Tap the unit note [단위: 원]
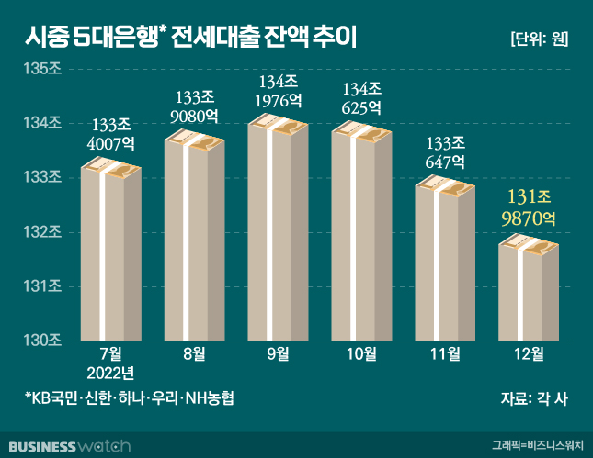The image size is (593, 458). coord(539,39)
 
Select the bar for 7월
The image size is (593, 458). coord(110,252)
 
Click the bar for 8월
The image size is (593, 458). coord(194,239)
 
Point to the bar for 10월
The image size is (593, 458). coord(360,234)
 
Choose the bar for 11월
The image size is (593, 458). coord(445,262)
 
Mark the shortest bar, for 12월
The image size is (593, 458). coord(529,289)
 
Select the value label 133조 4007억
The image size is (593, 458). coord(110,135)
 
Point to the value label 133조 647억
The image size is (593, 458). coord(446,152)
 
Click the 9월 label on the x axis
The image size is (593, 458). coord(277,354)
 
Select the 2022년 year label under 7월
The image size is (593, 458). coord(111,372)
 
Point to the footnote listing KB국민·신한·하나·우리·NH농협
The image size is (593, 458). coord(130,399)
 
